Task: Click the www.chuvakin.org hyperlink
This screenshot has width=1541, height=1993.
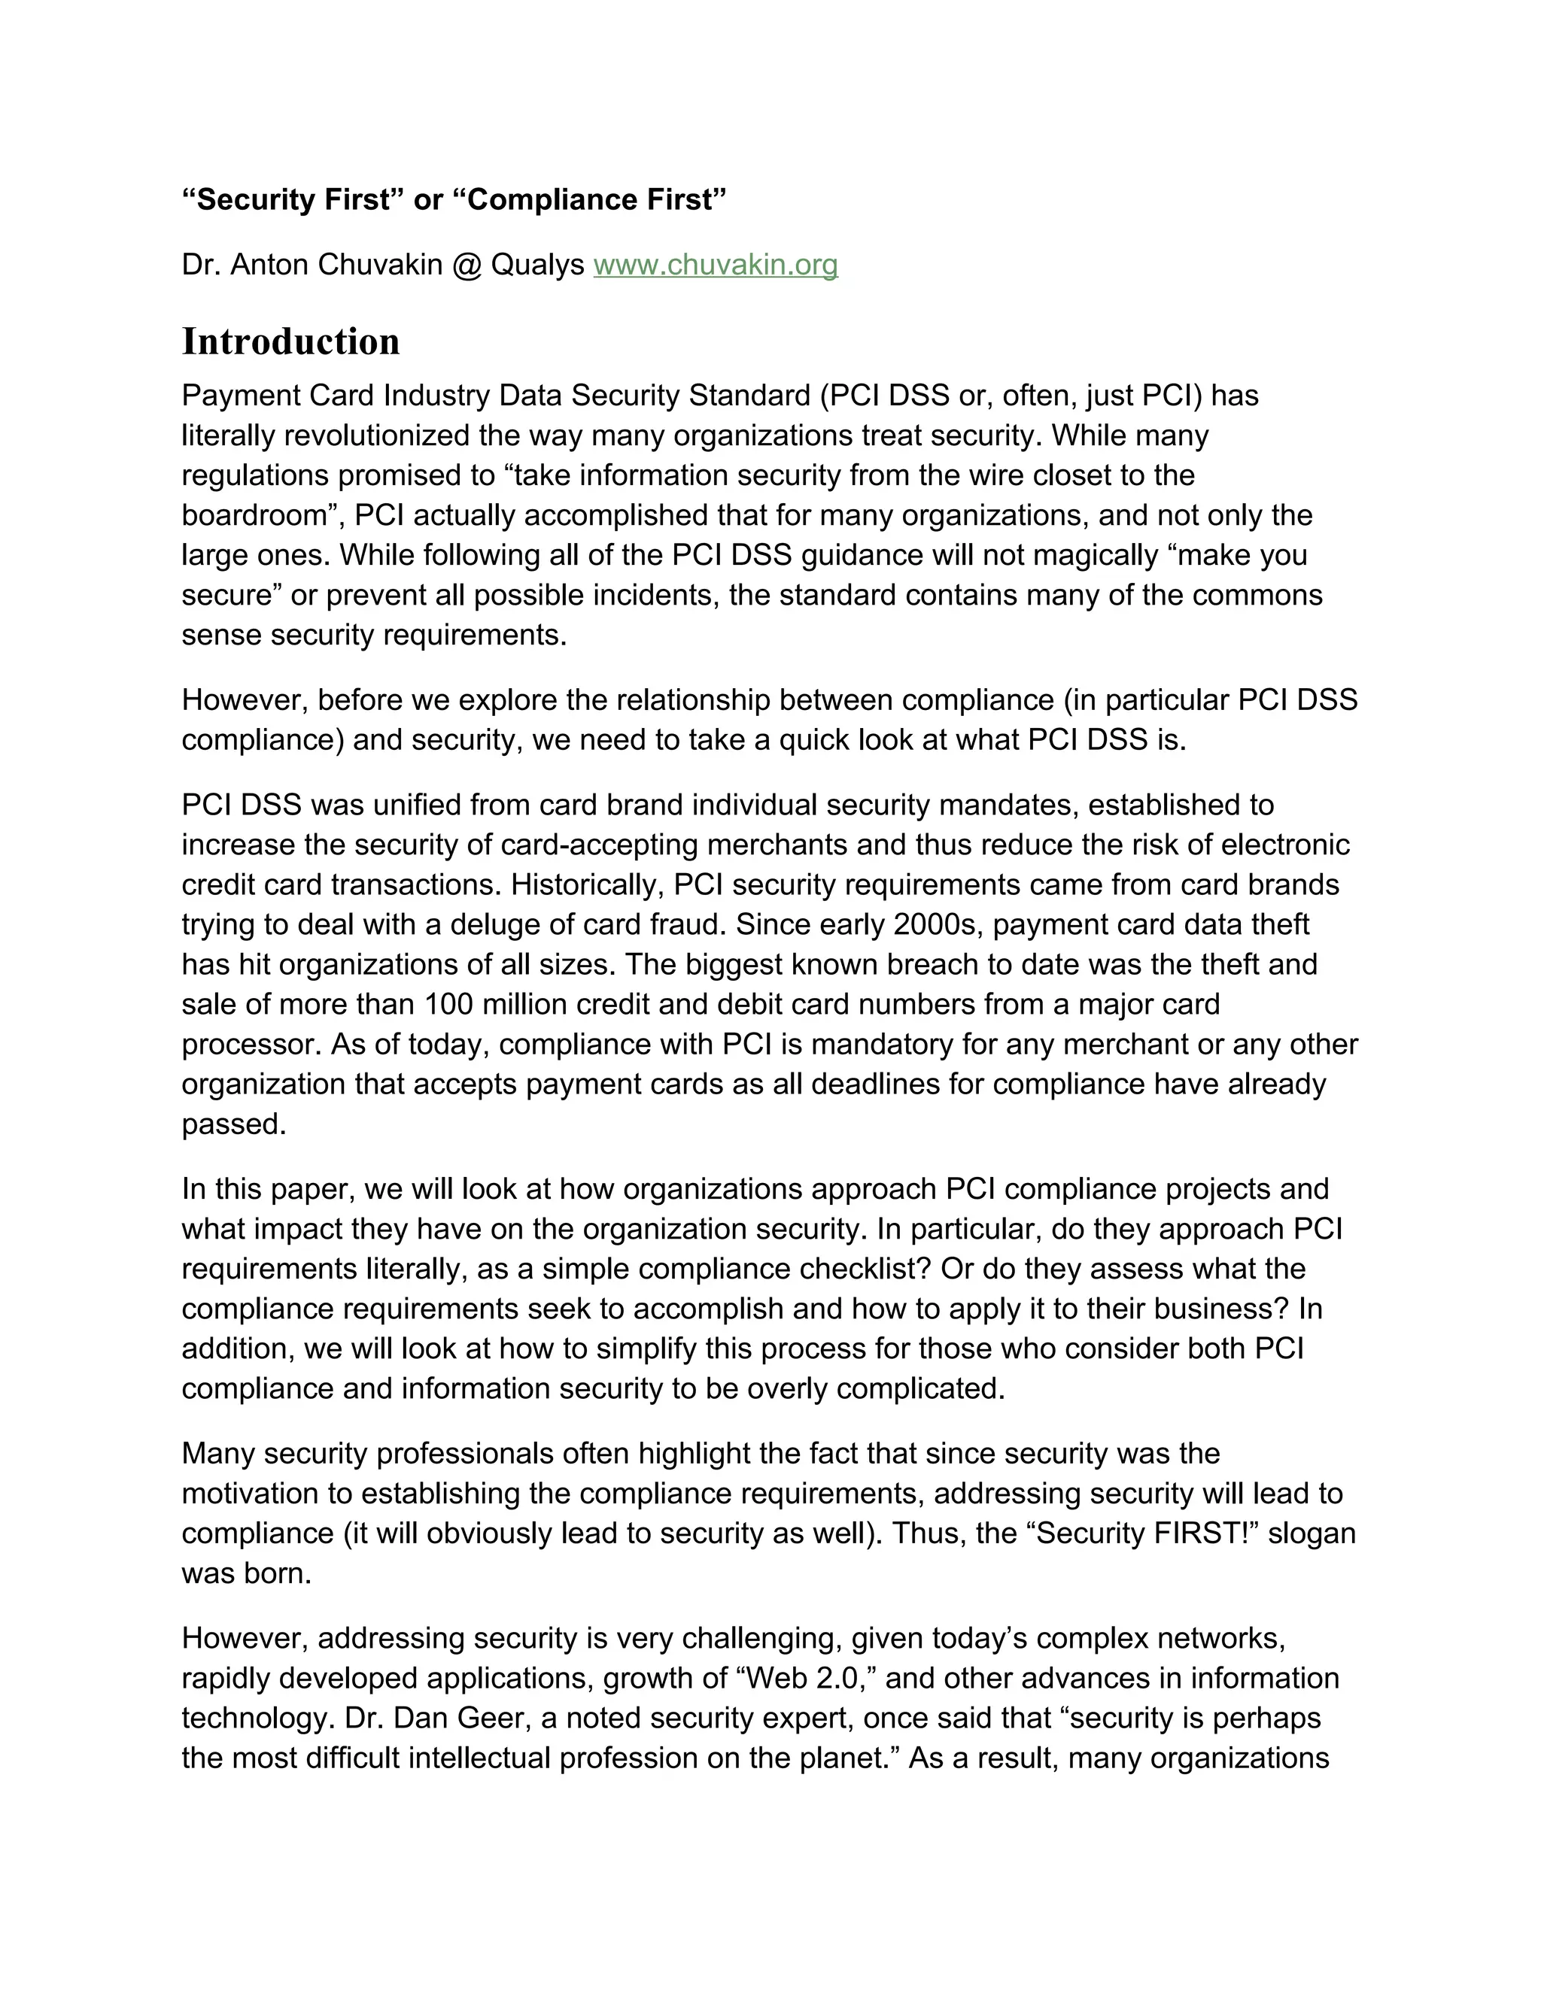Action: (715, 265)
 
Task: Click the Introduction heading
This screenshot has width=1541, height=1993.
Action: (290, 342)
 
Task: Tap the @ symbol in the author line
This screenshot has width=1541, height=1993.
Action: (466, 265)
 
